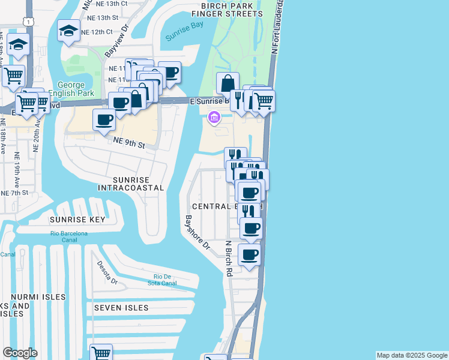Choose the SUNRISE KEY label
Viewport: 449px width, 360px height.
click(x=77, y=220)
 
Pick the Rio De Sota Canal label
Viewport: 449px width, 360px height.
click(x=161, y=280)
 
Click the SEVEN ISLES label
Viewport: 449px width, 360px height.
click(x=121, y=308)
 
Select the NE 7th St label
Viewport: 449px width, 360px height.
click(x=14, y=193)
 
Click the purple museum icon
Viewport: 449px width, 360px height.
click(x=214, y=118)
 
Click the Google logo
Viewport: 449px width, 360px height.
click(x=20, y=353)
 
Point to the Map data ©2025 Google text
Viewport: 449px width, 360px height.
click(x=411, y=355)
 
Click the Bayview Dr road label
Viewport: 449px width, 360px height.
click(x=116, y=42)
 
